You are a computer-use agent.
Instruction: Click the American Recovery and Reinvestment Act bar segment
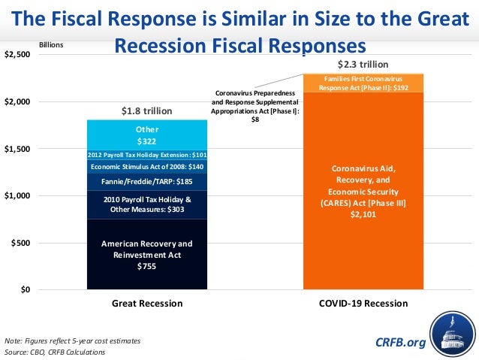coord(146,255)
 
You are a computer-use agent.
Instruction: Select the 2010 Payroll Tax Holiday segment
coord(146,204)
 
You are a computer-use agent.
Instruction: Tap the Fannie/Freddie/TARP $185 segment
coord(146,181)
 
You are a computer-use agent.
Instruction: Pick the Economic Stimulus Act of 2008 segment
coord(146,166)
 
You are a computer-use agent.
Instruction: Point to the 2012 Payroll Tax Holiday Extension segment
coord(146,154)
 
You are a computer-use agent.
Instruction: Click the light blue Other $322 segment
coord(146,135)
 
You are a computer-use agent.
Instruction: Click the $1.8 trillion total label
coord(146,111)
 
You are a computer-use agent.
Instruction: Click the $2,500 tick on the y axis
coord(17,55)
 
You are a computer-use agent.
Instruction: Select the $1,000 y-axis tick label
coord(17,196)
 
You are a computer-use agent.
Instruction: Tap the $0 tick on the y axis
coord(25,290)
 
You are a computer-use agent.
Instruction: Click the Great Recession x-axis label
coord(146,304)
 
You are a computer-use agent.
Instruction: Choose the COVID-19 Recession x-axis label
coord(363,304)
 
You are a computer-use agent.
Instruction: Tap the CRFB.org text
coord(399,343)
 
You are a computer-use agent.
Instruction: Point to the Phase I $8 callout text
coord(255,105)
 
